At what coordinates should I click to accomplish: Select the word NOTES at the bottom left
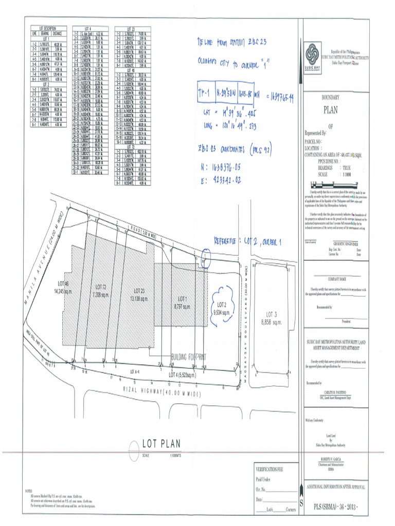pyautogui.click(x=29, y=491)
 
